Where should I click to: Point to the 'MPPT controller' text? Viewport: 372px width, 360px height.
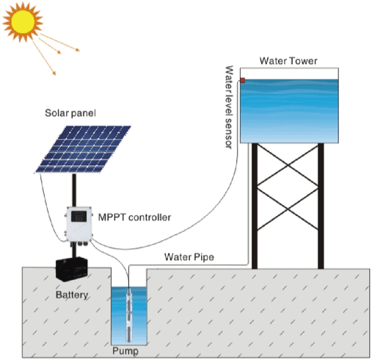[134, 217]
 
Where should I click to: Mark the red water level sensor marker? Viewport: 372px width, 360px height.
[243, 79]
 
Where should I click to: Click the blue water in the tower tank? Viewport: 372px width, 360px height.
[291, 110]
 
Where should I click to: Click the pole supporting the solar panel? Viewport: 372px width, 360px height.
[74, 190]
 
